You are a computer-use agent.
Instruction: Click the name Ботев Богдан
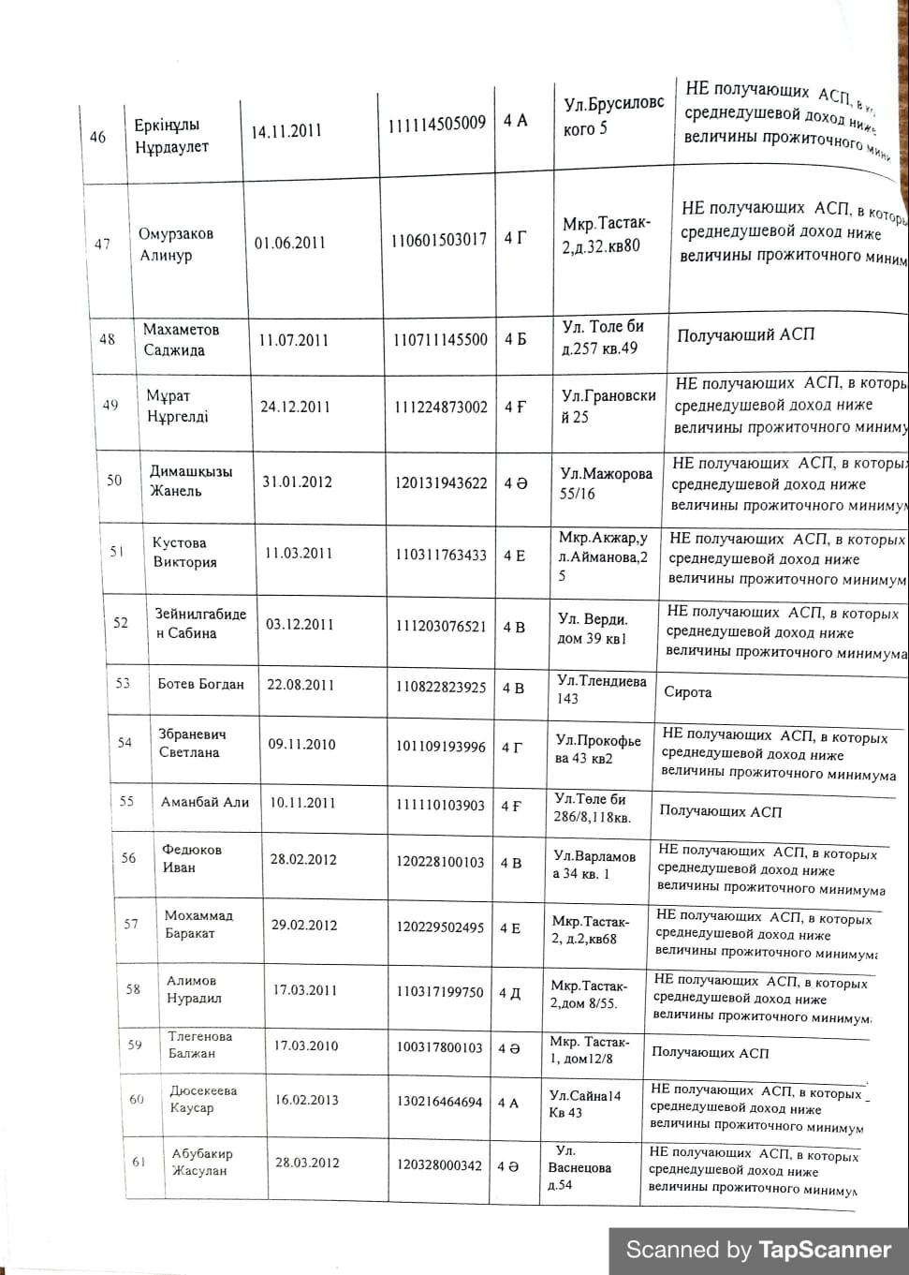[200, 684]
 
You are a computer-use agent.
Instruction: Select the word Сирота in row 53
[687, 692]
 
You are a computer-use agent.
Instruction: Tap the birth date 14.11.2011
[286, 131]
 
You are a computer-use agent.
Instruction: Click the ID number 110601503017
[439, 240]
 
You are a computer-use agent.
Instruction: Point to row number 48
[108, 339]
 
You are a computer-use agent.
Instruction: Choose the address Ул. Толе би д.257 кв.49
[603, 337]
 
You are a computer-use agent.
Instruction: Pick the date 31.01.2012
[297, 482]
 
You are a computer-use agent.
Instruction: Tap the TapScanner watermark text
[758, 1250]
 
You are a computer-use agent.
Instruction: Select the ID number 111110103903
[440, 805]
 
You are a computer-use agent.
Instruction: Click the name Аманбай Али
[205, 802]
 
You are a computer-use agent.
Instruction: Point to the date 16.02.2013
[306, 1100]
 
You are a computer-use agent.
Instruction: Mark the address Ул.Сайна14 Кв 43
[584, 1104]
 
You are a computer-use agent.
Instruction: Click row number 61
[139, 1162]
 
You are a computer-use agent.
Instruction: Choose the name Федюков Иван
[191, 858]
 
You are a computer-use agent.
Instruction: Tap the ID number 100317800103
[439, 1046]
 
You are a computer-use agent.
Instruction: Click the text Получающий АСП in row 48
[745, 334]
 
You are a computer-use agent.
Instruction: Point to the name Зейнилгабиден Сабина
[200, 623]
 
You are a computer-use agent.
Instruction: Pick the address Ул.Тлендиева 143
[601, 689]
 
